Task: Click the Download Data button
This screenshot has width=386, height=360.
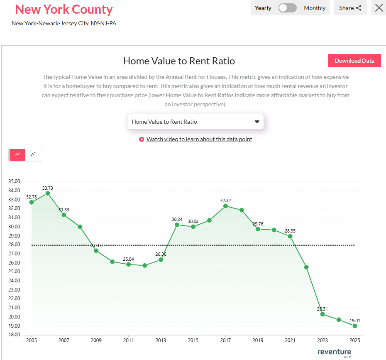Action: pyautogui.click(x=354, y=61)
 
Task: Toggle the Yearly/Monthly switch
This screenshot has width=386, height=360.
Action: pyautogui.click(x=287, y=8)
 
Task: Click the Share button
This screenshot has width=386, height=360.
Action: pyautogui.click(x=350, y=8)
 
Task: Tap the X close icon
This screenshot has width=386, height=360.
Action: pyautogui.click(x=379, y=8)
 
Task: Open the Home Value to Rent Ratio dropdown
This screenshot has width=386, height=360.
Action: pyautogui.click(x=195, y=122)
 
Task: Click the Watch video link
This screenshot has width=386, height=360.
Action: pyautogui.click(x=199, y=139)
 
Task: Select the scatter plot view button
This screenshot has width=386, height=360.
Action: pyautogui.click(x=34, y=154)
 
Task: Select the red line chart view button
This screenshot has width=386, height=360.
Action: pyautogui.click(x=17, y=154)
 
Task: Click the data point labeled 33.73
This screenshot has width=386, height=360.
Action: pyautogui.click(x=48, y=193)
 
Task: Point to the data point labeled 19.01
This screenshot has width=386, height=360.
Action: pyautogui.click(x=355, y=326)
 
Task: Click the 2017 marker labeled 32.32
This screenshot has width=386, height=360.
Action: pyautogui.click(x=225, y=206)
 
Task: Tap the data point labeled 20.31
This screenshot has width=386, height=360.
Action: pyautogui.click(x=322, y=314)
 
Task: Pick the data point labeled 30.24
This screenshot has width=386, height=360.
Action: pyautogui.click(x=177, y=225)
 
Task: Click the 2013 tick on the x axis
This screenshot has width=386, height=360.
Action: pyautogui.click(x=161, y=340)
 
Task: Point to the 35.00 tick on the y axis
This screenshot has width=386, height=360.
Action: pyautogui.click(x=14, y=181)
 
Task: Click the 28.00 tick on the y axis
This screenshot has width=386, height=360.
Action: pyautogui.click(x=14, y=245)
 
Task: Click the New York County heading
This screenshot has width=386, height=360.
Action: pyautogui.click(x=64, y=9)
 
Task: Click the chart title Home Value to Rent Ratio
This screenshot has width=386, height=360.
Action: pyautogui.click(x=179, y=61)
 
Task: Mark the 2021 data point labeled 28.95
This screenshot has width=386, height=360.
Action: pyautogui.click(x=290, y=236)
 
